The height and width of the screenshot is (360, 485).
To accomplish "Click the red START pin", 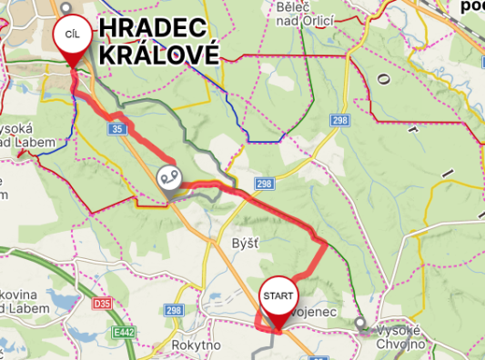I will click(278, 296).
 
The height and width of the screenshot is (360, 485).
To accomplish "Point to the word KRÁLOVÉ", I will click(159, 54).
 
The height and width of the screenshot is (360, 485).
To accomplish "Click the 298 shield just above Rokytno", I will click(175, 311).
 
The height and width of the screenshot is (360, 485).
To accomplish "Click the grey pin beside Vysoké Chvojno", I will click(362, 323).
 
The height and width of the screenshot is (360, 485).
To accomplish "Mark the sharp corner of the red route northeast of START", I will click(326, 242).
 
